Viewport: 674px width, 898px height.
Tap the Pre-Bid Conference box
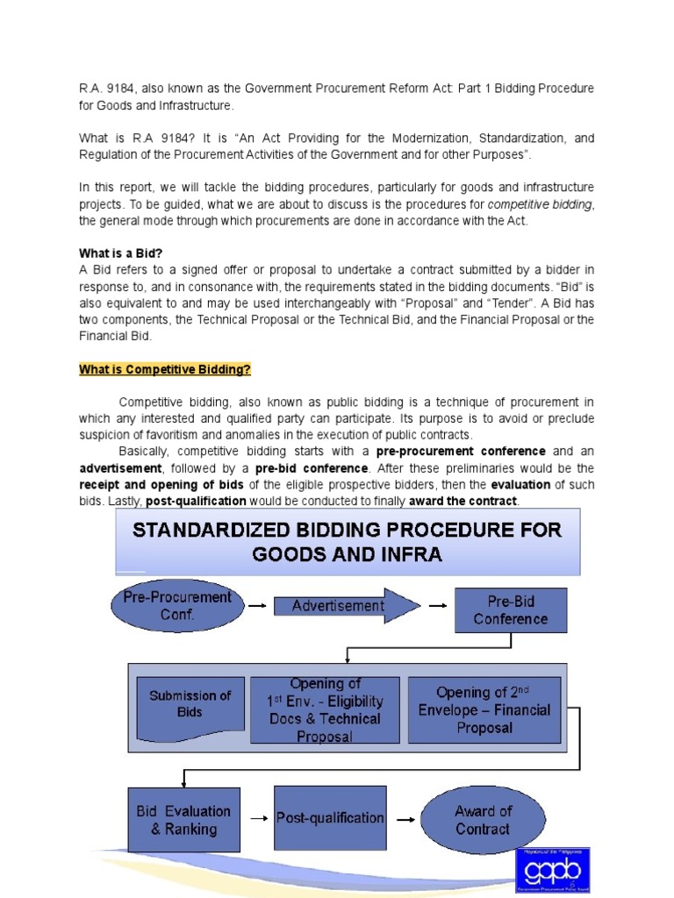510,610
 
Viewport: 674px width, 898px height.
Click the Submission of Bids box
190,704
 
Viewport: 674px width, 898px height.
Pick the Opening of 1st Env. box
325,709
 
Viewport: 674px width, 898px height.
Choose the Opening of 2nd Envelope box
484,709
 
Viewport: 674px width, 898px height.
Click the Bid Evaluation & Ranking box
183,820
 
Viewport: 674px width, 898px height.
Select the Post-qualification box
330,818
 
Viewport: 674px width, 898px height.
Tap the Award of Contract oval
482,820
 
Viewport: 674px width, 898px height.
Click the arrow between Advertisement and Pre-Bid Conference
436,605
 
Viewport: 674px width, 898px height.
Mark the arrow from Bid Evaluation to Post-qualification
257,819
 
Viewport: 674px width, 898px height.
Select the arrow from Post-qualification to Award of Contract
405,819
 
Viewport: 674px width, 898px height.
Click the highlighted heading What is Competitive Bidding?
165,370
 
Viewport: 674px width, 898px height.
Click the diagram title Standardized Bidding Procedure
347,542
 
